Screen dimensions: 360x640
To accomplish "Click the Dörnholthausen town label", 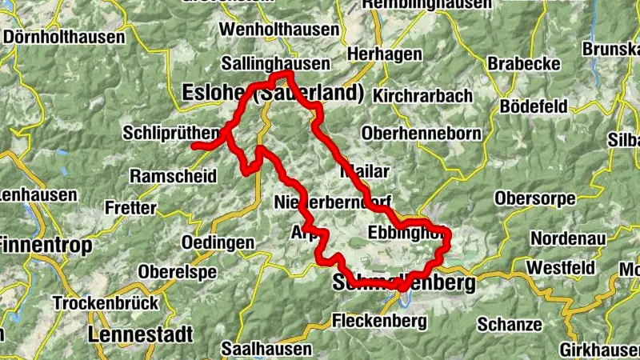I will coord(64,37).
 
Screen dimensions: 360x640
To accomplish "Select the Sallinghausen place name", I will coord(266,63).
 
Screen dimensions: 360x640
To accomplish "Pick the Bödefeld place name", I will coord(533,106).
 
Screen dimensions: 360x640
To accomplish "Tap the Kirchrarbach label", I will coord(422,95).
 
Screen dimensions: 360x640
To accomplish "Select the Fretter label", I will coord(130,207).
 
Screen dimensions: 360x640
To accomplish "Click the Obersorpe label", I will coord(534,197).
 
